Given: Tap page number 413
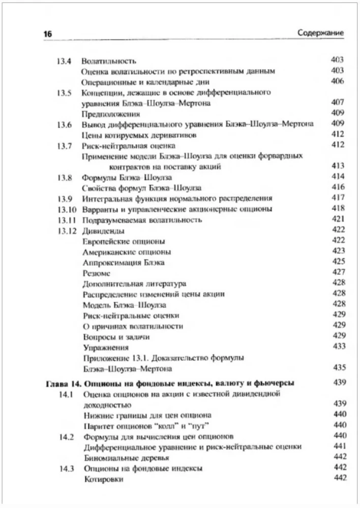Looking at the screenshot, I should (x=338, y=166).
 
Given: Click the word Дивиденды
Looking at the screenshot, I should (x=100, y=231).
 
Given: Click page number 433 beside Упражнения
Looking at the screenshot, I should (x=338, y=346).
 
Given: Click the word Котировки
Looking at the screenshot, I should (x=102, y=479).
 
